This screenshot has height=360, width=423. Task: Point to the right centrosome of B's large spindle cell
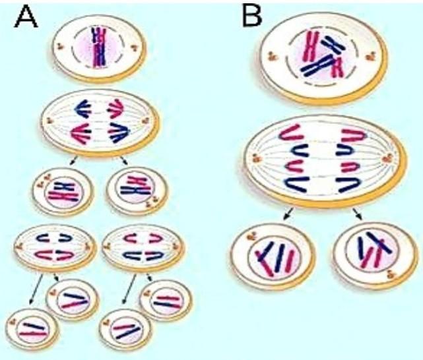(x=389, y=158)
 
